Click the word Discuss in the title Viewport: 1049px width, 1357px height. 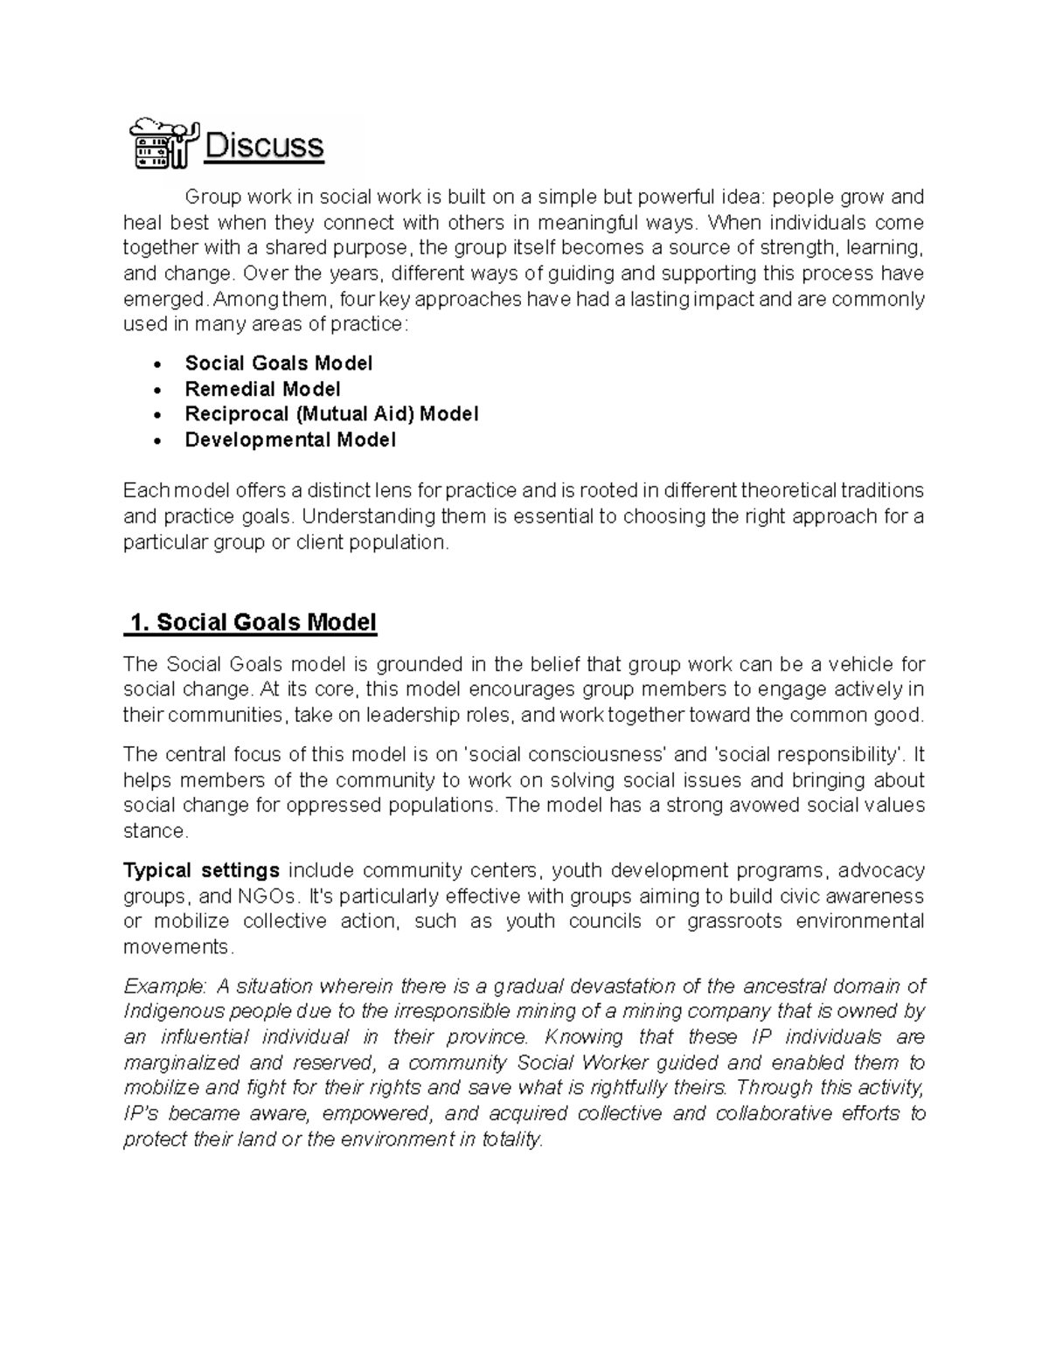(x=263, y=146)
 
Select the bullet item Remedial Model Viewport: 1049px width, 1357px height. (x=262, y=389)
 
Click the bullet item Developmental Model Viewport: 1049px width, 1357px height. (x=290, y=440)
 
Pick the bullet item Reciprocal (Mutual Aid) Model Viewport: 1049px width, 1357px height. (x=331, y=414)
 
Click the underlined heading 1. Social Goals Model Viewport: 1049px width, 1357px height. (x=252, y=622)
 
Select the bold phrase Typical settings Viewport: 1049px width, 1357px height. (x=201, y=870)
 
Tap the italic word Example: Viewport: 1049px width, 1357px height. (x=165, y=987)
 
